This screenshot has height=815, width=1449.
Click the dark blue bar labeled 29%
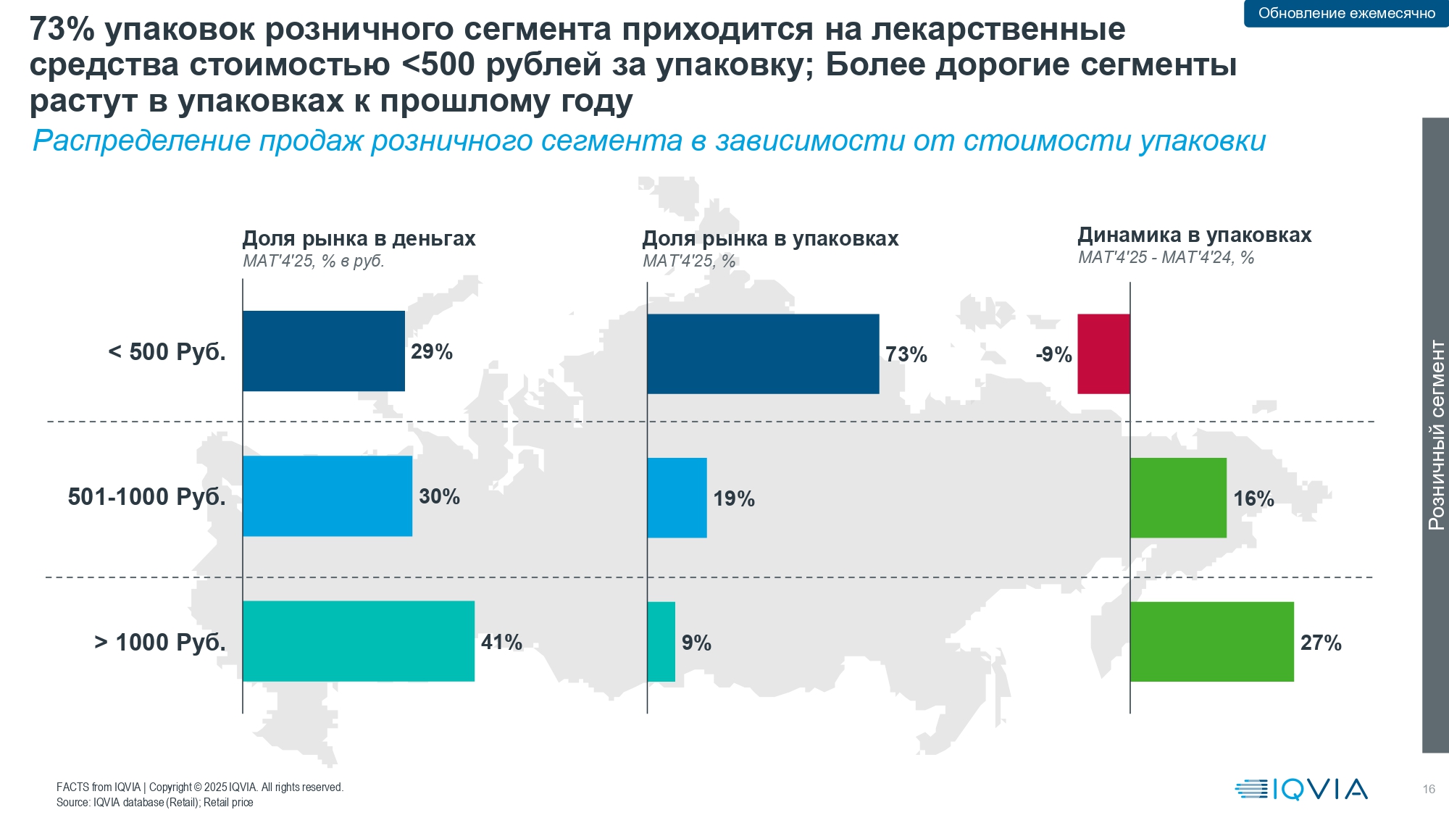click(x=323, y=351)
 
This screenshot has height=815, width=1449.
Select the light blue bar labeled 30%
click(x=327, y=496)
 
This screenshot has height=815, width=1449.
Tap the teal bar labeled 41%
click(x=359, y=641)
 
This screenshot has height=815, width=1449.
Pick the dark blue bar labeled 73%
click(x=763, y=354)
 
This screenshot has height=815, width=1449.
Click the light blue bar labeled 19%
click(x=677, y=498)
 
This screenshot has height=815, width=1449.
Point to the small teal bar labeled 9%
click(x=661, y=642)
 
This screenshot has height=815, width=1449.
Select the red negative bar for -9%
click(x=1103, y=354)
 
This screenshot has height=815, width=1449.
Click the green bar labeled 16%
click(x=1178, y=498)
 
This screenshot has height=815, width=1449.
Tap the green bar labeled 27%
click(x=1211, y=642)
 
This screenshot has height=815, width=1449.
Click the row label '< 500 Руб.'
click(x=167, y=352)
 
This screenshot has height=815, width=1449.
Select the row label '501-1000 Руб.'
click(x=147, y=497)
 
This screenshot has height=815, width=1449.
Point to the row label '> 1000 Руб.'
click(x=160, y=643)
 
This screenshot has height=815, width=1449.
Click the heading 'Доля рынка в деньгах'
click(x=359, y=238)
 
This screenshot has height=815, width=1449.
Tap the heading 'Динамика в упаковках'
click(x=1194, y=235)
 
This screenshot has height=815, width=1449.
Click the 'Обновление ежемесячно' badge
click(x=1346, y=13)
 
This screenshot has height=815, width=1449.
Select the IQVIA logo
click(x=1301, y=789)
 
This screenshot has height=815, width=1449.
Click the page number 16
click(x=1429, y=789)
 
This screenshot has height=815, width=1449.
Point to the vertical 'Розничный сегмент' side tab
click(x=1435, y=435)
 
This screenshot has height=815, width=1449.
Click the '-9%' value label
click(x=1053, y=354)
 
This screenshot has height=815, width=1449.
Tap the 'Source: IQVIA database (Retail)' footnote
click(x=155, y=803)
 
